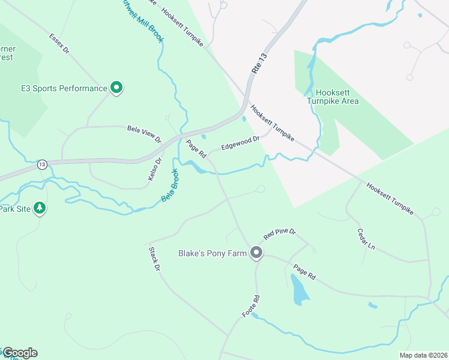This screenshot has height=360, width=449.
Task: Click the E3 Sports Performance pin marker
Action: point(116,88)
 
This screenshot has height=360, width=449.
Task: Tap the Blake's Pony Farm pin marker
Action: point(256,253)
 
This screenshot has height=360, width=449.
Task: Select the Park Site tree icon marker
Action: point(40,208)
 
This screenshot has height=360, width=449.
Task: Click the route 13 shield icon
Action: point(41,164)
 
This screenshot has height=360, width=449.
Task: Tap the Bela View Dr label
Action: point(145,134)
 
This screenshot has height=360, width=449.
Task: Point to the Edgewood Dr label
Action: point(240,143)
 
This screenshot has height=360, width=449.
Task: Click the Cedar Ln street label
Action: point(366,239)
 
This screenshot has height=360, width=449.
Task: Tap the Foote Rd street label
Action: point(250,306)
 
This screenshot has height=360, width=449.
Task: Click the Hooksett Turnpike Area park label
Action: point(333,97)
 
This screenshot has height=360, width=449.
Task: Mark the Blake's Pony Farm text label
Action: point(212,254)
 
